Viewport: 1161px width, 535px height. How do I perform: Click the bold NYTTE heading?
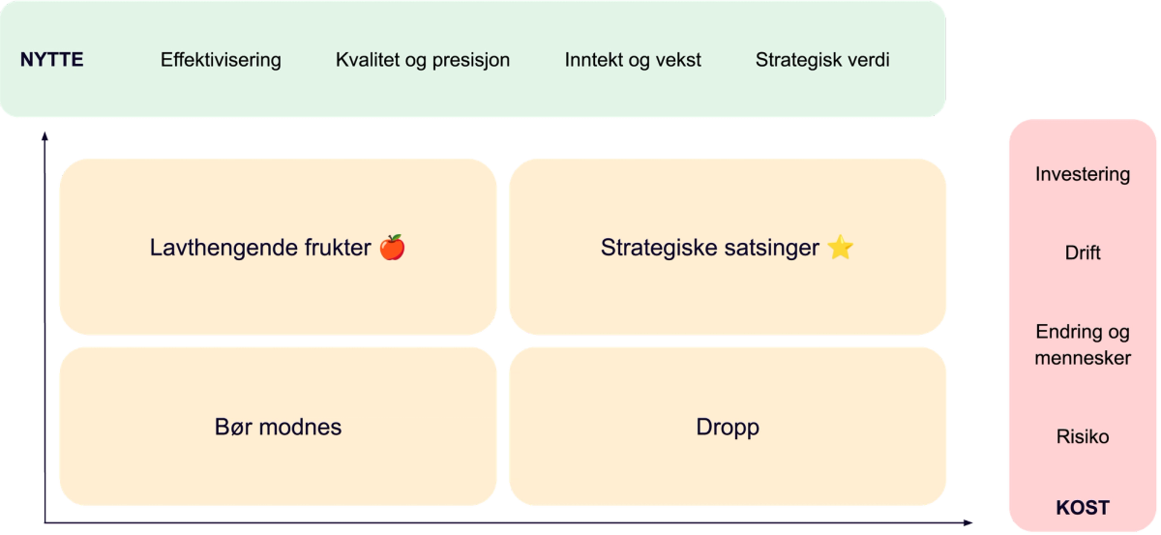(52, 60)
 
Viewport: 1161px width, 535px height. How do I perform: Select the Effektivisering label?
(221, 60)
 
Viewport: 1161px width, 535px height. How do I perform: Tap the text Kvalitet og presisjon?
(423, 60)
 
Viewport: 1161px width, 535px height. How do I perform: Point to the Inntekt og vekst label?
(633, 60)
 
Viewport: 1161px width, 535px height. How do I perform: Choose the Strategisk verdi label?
(822, 60)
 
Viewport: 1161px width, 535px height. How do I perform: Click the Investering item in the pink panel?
(1083, 175)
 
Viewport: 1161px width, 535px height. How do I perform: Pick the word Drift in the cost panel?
(1083, 253)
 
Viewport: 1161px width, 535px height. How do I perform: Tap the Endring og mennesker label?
(1083, 345)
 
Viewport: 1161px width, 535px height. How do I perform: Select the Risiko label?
(1083, 437)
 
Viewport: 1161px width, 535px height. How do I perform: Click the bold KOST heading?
(1083, 508)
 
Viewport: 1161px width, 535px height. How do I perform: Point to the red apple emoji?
(392, 248)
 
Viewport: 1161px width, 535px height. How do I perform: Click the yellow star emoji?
(841, 248)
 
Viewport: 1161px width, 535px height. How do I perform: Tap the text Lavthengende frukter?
(260, 249)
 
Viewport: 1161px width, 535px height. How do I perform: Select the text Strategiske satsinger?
(711, 249)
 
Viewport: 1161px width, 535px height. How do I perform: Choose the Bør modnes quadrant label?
(278, 427)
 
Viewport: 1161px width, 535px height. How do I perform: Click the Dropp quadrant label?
(728, 427)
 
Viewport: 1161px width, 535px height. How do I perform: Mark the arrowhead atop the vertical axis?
(44, 134)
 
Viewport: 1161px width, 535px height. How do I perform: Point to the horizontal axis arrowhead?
(967, 524)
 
